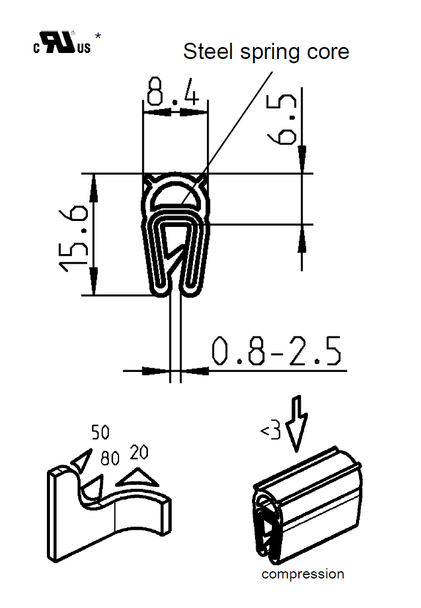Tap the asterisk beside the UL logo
click(98, 37)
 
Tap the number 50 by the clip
click(100, 432)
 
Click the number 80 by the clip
click(111, 460)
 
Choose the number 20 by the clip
click(139, 452)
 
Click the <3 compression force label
click(271, 432)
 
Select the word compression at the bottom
click(303, 574)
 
